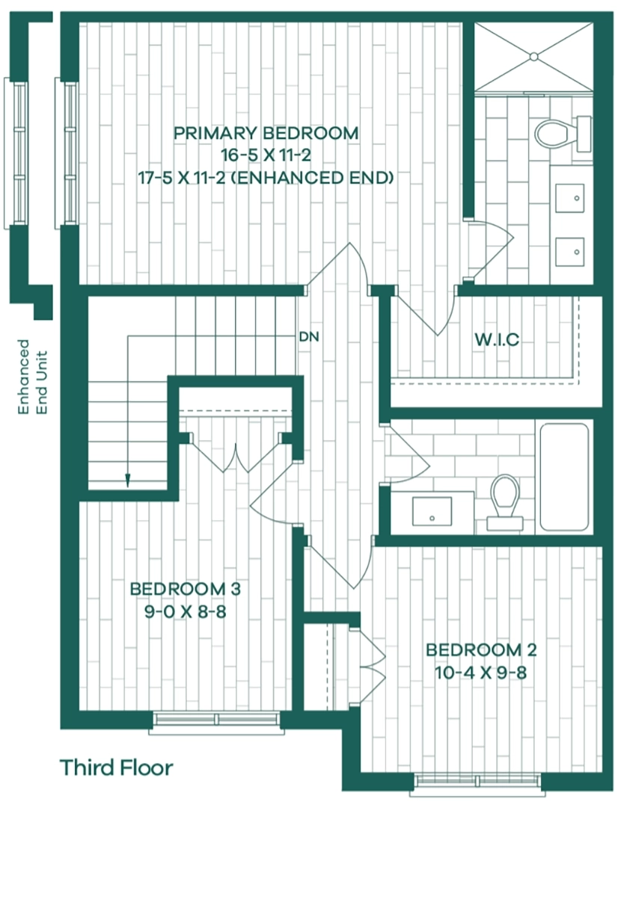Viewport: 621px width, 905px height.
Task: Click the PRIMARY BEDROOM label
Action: [x=266, y=133]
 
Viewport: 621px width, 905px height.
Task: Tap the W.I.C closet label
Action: [x=497, y=340]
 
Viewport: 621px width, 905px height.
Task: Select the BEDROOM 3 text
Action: [x=186, y=589]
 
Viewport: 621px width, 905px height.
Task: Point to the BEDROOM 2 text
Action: [x=481, y=650]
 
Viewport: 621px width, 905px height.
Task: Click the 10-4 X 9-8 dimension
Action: [x=481, y=673]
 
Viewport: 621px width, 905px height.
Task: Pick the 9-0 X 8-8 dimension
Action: [x=186, y=612]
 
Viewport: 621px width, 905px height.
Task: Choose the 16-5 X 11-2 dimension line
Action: [x=266, y=155]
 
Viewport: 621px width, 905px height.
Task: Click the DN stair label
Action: [x=309, y=336]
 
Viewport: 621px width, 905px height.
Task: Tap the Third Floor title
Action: [x=117, y=767]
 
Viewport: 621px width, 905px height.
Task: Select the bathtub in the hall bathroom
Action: [x=564, y=477]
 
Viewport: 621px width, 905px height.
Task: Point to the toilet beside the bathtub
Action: [x=504, y=502]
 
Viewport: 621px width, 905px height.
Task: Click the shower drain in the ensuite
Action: [x=534, y=56]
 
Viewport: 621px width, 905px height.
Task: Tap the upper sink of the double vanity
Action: [x=569, y=198]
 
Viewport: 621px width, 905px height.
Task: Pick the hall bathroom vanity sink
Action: [x=432, y=511]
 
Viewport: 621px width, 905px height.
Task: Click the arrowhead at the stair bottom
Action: [x=128, y=480]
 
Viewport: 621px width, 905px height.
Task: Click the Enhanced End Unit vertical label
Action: [x=33, y=377]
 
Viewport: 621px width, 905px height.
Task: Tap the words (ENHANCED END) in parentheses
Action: [x=314, y=178]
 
